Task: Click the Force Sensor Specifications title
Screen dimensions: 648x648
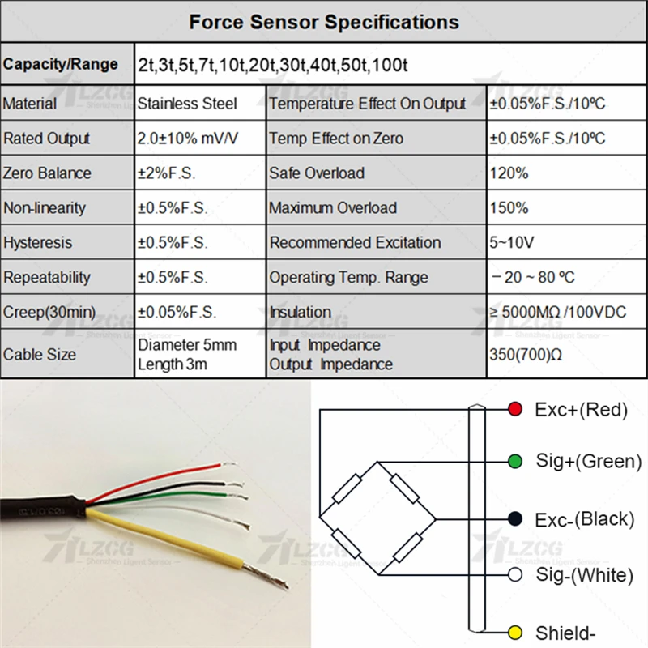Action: [x=324, y=22]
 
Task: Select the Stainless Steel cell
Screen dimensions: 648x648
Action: [x=187, y=104]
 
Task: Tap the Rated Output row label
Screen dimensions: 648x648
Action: [x=47, y=139]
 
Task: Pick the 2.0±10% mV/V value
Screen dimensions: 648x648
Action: [x=188, y=139]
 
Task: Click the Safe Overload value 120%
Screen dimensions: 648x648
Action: [x=509, y=173]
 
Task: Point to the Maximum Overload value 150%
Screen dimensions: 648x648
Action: [x=509, y=208]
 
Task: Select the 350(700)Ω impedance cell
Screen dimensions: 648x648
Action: [x=526, y=355]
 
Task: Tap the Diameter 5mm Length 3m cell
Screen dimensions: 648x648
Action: [x=187, y=355]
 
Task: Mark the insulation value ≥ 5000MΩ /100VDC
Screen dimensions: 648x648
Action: [x=558, y=312]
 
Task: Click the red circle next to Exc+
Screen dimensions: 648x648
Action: [x=514, y=409]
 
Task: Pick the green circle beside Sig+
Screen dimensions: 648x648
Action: [x=514, y=461]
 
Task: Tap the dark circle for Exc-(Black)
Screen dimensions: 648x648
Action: [x=514, y=518]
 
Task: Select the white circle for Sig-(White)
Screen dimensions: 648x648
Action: [x=514, y=575]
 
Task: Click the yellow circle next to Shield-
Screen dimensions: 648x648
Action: [x=514, y=631]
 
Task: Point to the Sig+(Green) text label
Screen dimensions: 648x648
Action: [x=588, y=461]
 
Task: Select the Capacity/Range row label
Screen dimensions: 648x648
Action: [x=61, y=64]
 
